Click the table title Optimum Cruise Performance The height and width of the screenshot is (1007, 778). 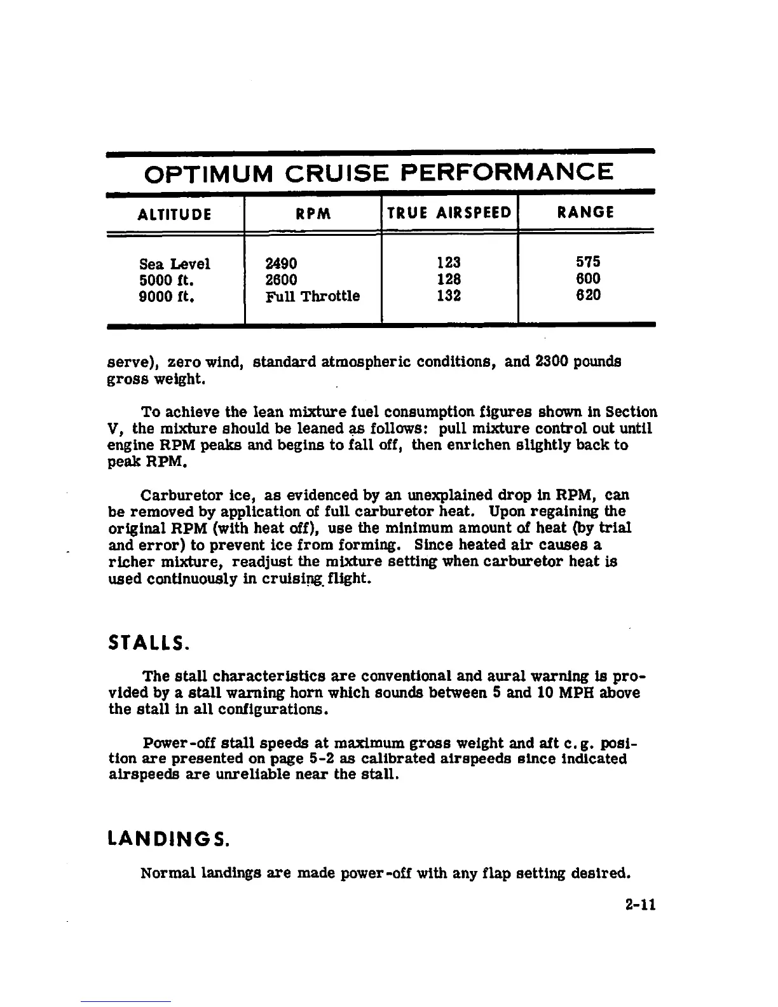(x=379, y=172)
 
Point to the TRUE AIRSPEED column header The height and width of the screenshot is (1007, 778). (x=449, y=213)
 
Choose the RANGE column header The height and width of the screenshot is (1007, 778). (x=585, y=212)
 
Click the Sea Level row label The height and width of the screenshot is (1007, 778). (x=174, y=263)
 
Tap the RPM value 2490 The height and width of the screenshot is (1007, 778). (x=282, y=263)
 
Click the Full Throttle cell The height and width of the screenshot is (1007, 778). (x=312, y=296)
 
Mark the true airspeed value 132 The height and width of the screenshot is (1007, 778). (x=449, y=296)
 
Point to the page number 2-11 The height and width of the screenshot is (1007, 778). (x=639, y=904)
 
